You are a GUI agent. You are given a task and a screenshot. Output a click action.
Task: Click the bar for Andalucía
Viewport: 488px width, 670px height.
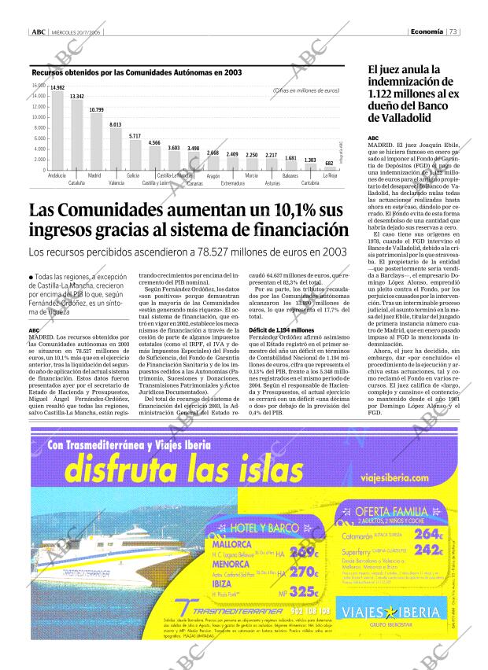(57, 130)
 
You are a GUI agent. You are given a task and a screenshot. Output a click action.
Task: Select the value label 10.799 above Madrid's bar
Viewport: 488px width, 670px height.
(96, 109)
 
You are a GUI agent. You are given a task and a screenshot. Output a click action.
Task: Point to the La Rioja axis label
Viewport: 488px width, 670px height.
(330, 176)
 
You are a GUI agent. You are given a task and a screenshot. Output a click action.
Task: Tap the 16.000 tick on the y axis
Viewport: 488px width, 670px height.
(39, 85)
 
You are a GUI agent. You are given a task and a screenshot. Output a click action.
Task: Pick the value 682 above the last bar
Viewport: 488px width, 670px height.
(330, 163)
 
